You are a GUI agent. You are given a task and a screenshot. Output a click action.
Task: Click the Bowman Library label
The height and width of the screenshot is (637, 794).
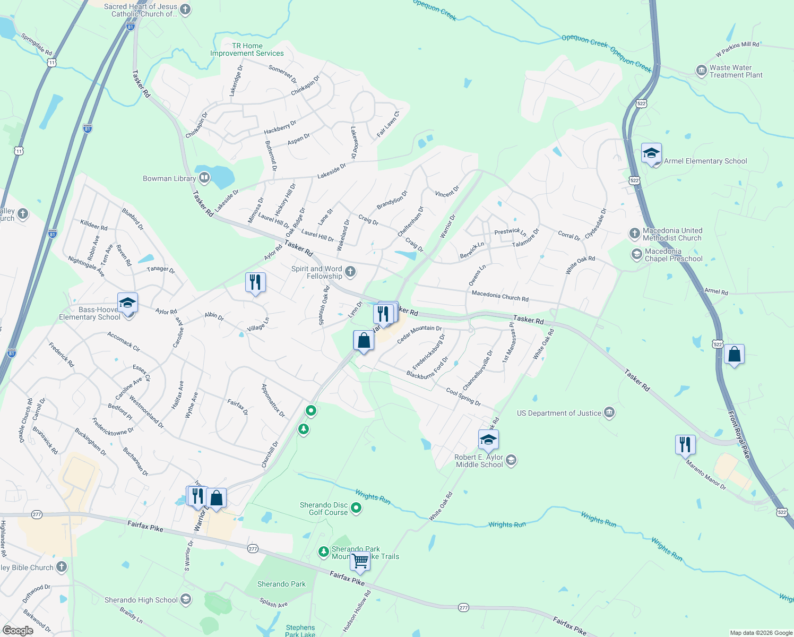169,178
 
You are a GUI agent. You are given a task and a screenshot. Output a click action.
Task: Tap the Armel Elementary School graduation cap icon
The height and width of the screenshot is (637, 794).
651,154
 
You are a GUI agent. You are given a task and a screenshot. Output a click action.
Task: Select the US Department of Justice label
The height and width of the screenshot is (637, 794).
559,413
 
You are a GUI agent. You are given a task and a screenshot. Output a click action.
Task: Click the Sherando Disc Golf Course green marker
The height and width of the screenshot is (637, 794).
357,508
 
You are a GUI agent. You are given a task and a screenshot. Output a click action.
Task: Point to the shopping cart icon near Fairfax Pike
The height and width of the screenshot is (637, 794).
360,561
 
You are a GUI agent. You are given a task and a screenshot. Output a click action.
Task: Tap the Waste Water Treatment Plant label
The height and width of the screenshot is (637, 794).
736,71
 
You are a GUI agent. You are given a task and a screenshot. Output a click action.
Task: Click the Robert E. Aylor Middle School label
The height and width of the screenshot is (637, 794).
479,461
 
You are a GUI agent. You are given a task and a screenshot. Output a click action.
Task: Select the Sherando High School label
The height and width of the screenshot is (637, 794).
141,600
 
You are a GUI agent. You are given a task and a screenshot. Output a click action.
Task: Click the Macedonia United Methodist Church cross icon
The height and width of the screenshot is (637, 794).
634,233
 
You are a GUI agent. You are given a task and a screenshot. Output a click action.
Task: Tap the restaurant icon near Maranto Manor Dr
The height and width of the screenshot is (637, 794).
685,444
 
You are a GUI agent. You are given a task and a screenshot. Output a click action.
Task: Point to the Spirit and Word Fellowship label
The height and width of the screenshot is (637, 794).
317,272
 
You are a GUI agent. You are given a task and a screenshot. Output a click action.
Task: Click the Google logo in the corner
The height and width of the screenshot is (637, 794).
18,630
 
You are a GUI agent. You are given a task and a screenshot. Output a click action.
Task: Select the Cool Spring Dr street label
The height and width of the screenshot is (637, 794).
463,397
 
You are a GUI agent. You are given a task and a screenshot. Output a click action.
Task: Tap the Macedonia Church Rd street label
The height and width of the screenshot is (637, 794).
500,296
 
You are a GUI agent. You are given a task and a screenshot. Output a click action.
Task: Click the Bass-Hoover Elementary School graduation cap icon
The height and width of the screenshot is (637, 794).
127,303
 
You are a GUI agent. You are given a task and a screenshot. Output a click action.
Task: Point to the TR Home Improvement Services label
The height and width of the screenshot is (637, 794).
247,49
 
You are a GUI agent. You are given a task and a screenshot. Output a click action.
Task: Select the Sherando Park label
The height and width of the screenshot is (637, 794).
281,584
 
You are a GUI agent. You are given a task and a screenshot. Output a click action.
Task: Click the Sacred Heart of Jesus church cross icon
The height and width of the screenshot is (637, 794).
185,9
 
